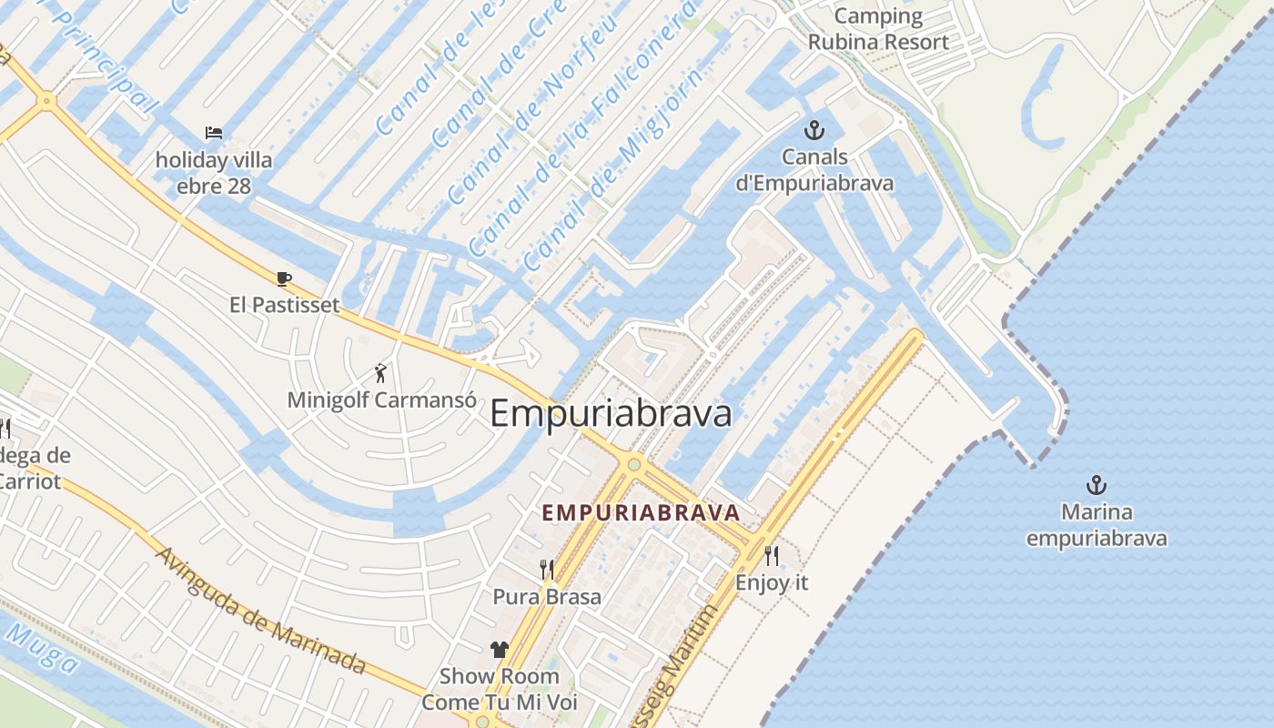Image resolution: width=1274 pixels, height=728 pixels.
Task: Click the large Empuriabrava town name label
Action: click(x=611, y=414)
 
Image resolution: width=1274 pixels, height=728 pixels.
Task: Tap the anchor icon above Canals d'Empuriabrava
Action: click(x=814, y=131)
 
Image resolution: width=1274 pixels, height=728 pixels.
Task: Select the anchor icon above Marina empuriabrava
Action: click(x=1097, y=485)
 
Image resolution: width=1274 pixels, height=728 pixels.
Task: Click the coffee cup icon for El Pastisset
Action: click(x=284, y=278)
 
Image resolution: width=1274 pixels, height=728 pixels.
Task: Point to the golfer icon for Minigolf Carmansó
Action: click(x=381, y=372)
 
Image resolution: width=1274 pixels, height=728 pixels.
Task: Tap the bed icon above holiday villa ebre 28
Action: click(x=214, y=133)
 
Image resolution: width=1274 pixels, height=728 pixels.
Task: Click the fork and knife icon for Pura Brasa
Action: click(x=547, y=570)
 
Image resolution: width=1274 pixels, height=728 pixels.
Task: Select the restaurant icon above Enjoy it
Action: click(x=772, y=555)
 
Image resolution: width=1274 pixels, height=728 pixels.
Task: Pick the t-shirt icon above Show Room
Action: click(x=499, y=649)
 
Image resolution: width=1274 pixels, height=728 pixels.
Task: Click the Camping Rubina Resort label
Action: click(x=878, y=29)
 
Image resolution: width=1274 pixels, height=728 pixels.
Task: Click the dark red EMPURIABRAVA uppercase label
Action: click(x=641, y=513)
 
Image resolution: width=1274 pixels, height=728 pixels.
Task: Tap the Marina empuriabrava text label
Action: click(x=1097, y=525)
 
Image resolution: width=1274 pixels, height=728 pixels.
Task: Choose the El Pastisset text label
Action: click(x=285, y=305)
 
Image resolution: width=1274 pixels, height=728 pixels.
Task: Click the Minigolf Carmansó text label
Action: click(x=381, y=399)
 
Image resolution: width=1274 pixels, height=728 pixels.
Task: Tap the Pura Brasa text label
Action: click(x=547, y=597)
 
